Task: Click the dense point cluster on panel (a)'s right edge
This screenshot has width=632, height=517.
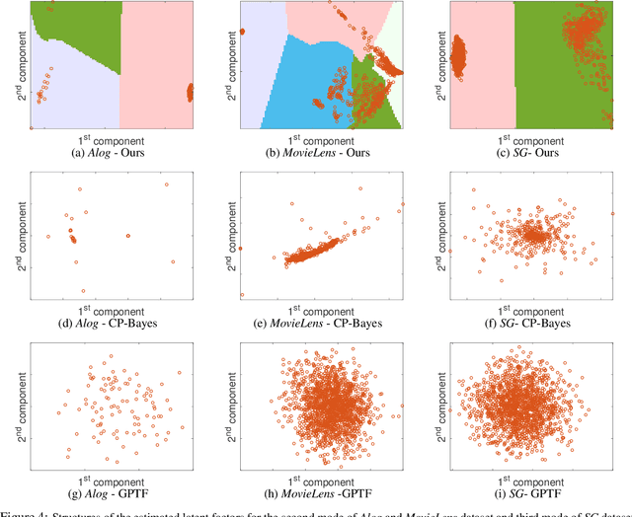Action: [x=191, y=93]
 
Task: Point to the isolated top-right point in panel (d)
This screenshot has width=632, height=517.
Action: [x=166, y=185]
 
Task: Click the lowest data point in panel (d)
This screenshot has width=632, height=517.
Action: [x=83, y=291]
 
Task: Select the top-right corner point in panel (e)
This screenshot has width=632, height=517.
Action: [x=403, y=205]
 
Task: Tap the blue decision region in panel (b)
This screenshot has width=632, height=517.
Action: [x=296, y=79]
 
